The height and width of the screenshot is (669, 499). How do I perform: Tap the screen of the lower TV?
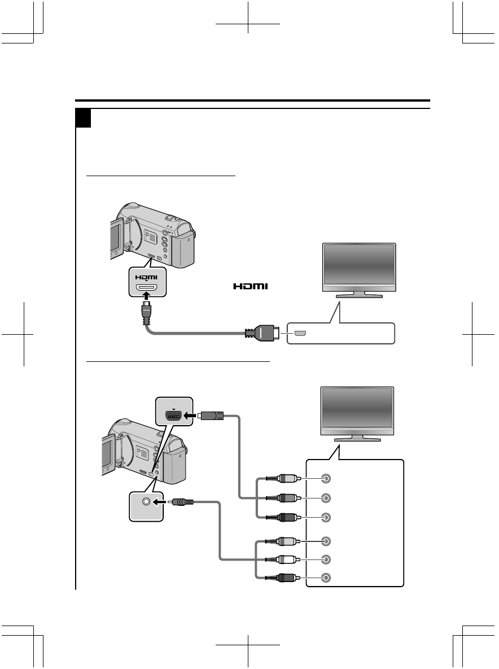[x=356, y=409]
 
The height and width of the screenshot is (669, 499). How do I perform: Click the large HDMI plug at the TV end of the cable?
[x=264, y=334]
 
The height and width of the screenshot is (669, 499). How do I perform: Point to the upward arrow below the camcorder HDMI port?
[x=148, y=304]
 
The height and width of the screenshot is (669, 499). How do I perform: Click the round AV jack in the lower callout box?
[x=146, y=501]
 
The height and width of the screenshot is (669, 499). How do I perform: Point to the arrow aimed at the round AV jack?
[x=164, y=501]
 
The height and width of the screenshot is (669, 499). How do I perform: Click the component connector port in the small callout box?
[x=173, y=416]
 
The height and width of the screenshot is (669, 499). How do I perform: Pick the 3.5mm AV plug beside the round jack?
[x=185, y=501]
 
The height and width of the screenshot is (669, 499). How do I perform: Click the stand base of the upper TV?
[x=358, y=295]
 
